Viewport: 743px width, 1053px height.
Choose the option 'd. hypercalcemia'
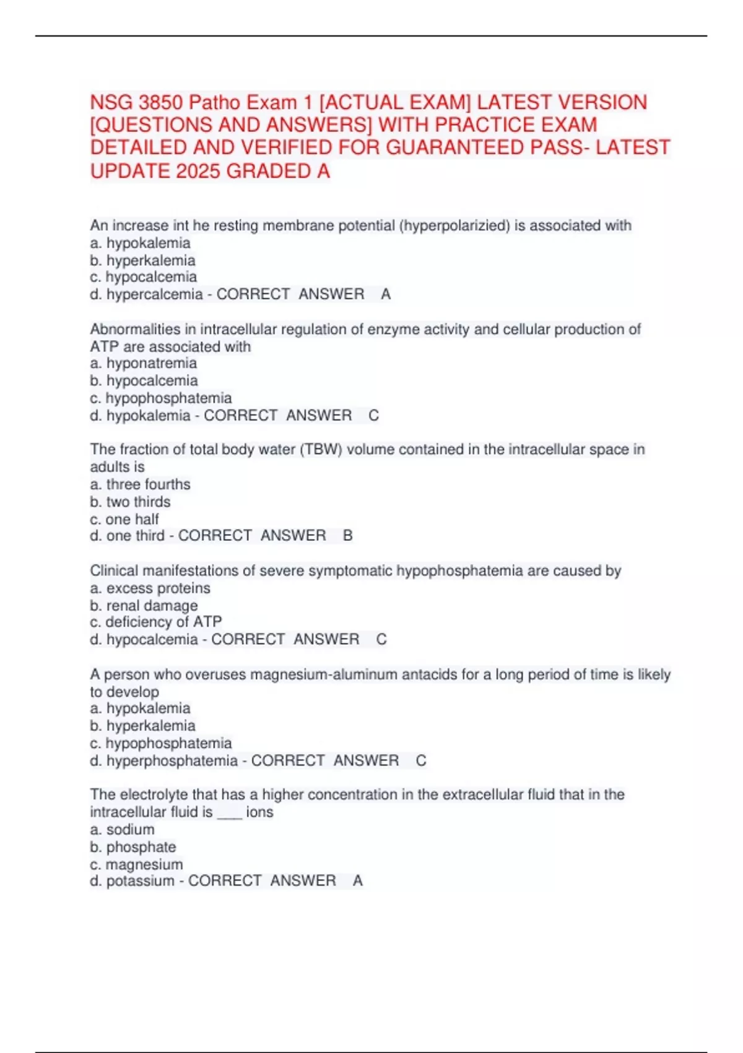pyautogui.click(x=146, y=294)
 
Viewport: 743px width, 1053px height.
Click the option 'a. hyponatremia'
pyautogui.click(x=143, y=364)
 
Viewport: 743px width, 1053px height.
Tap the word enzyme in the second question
pyautogui.click(x=388, y=330)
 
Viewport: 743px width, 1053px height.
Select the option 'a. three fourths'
pyautogui.click(x=140, y=484)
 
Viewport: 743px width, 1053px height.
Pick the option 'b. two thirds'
pyautogui.click(x=130, y=502)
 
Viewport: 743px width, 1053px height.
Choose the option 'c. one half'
pyautogui.click(x=124, y=519)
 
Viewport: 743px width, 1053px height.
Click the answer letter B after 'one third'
pyautogui.click(x=348, y=536)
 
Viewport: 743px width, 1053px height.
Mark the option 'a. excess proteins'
pyautogui.click(x=150, y=588)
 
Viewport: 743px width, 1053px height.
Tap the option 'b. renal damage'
pyautogui.click(x=144, y=605)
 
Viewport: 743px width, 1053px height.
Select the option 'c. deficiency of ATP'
pyautogui.click(x=155, y=622)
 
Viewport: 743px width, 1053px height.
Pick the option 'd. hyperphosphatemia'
pyautogui.click(x=163, y=761)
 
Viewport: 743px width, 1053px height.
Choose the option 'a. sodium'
pyautogui.click(x=122, y=829)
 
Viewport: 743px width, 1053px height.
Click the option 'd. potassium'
pyautogui.click(x=132, y=881)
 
